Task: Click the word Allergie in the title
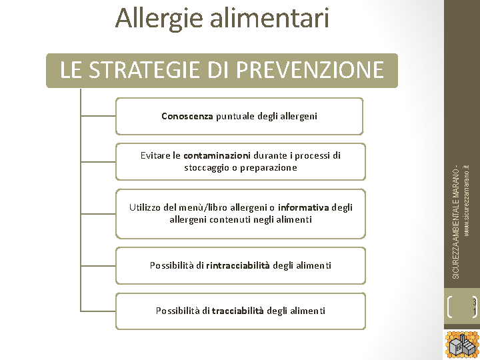click(159, 19)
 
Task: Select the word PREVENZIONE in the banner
click(310, 69)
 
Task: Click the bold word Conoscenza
click(187, 116)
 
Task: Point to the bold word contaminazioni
click(217, 155)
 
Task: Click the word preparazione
click(269, 168)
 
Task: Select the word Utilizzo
click(145, 207)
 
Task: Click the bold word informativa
click(303, 207)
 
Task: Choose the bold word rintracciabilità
click(238, 265)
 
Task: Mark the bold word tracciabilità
click(237, 311)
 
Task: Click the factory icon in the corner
click(462, 345)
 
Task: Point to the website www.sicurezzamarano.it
click(467, 201)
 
